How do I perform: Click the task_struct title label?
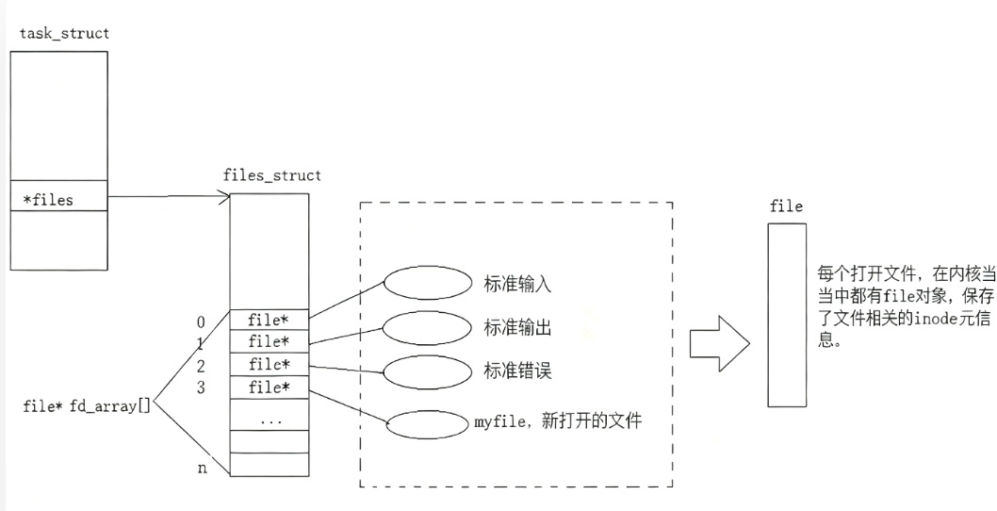[x=64, y=34]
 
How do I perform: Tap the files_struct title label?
[x=271, y=175]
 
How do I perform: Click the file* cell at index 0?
[x=270, y=320]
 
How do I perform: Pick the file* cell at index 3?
[x=270, y=387]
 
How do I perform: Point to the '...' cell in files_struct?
[x=270, y=420]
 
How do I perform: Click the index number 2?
[x=201, y=365]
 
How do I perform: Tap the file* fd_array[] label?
[x=87, y=407]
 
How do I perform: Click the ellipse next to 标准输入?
[x=426, y=281]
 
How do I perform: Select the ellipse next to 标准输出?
[x=426, y=326]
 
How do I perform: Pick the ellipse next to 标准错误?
[x=426, y=370]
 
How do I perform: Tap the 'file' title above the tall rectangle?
[x=786, y=206]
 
